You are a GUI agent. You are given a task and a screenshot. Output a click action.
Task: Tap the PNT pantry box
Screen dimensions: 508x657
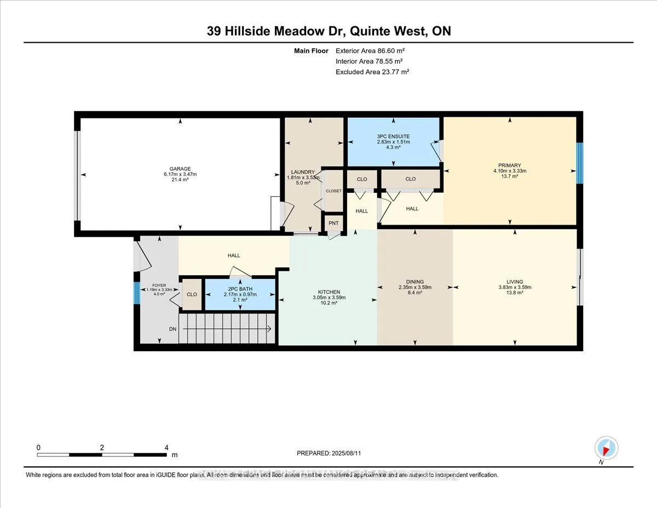333,223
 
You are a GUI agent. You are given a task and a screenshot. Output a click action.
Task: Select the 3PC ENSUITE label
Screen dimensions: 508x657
393,136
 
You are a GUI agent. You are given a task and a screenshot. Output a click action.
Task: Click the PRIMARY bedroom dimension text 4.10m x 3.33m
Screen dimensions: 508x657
509,171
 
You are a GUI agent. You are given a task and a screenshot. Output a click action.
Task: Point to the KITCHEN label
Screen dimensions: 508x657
328,292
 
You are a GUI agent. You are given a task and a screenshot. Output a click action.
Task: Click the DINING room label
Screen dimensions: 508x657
414,282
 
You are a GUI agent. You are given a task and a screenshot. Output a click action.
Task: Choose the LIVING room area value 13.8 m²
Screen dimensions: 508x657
515,293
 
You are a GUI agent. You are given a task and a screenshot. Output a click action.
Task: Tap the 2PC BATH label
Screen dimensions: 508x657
240,289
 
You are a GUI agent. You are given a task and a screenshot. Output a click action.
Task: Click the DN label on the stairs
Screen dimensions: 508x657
172,329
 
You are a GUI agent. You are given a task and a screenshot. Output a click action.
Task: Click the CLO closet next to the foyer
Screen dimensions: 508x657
192,294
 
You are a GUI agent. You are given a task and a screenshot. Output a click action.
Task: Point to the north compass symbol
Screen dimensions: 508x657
606,448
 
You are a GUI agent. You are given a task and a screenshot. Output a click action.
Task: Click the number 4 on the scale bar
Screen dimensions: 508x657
166,447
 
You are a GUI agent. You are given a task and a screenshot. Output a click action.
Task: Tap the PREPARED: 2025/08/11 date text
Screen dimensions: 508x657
329,453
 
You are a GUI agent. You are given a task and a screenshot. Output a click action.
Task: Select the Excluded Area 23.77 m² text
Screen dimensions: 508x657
372,72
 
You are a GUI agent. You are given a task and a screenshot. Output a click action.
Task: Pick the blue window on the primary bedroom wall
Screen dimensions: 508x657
579,163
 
